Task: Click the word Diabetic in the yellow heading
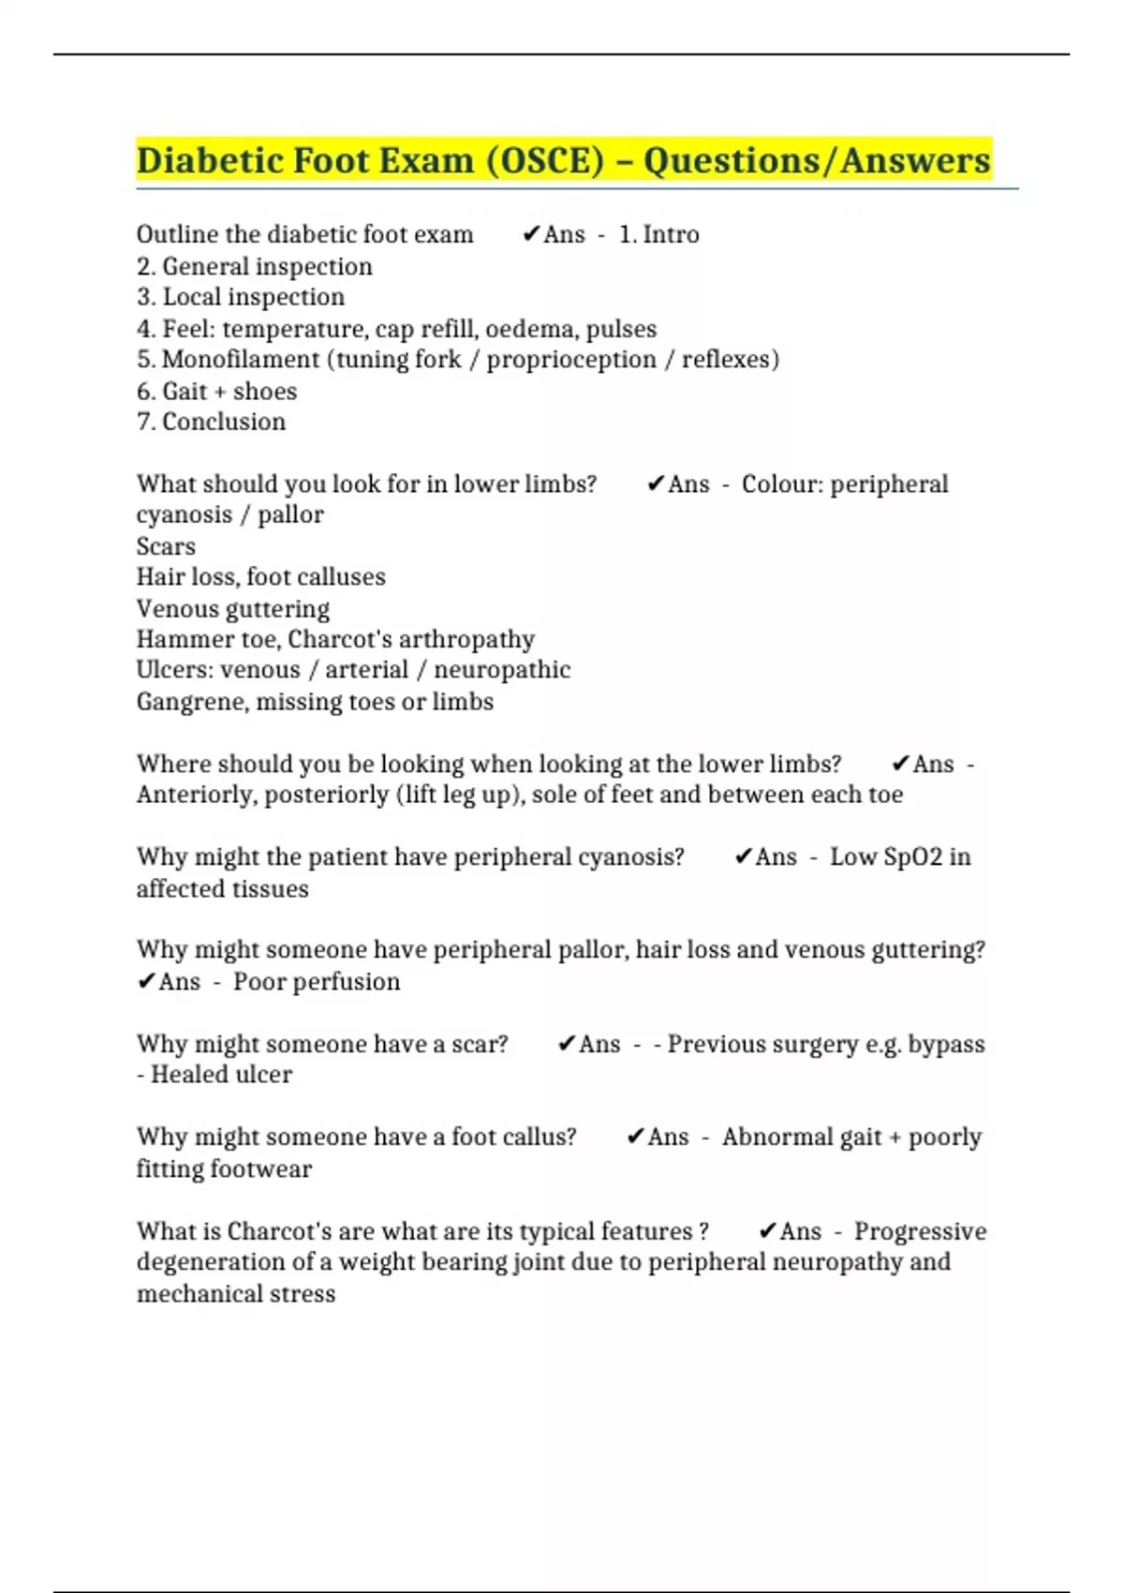(x=208, y=160)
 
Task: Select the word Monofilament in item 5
(x=241, y=360)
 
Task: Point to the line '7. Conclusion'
(x=211, y=422)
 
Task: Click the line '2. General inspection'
(x=254, y=267)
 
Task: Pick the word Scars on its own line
(x=166, y=546)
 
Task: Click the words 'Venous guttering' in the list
(x=232, y=609)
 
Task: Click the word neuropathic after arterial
(x=502, y=670)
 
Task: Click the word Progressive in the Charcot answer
(x=920, y=1231)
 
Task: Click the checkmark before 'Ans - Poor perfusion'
(x=146, y=982)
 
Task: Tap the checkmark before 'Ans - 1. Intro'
(x=531, y=234)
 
